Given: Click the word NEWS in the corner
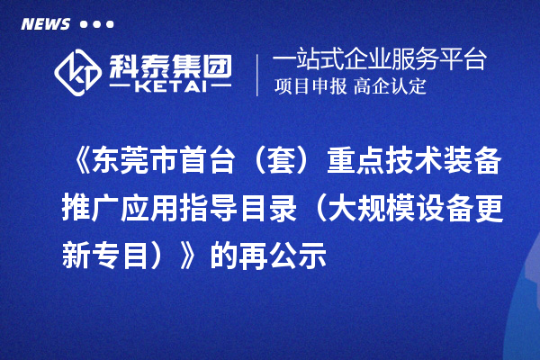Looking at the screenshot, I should [x=45, y=24].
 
